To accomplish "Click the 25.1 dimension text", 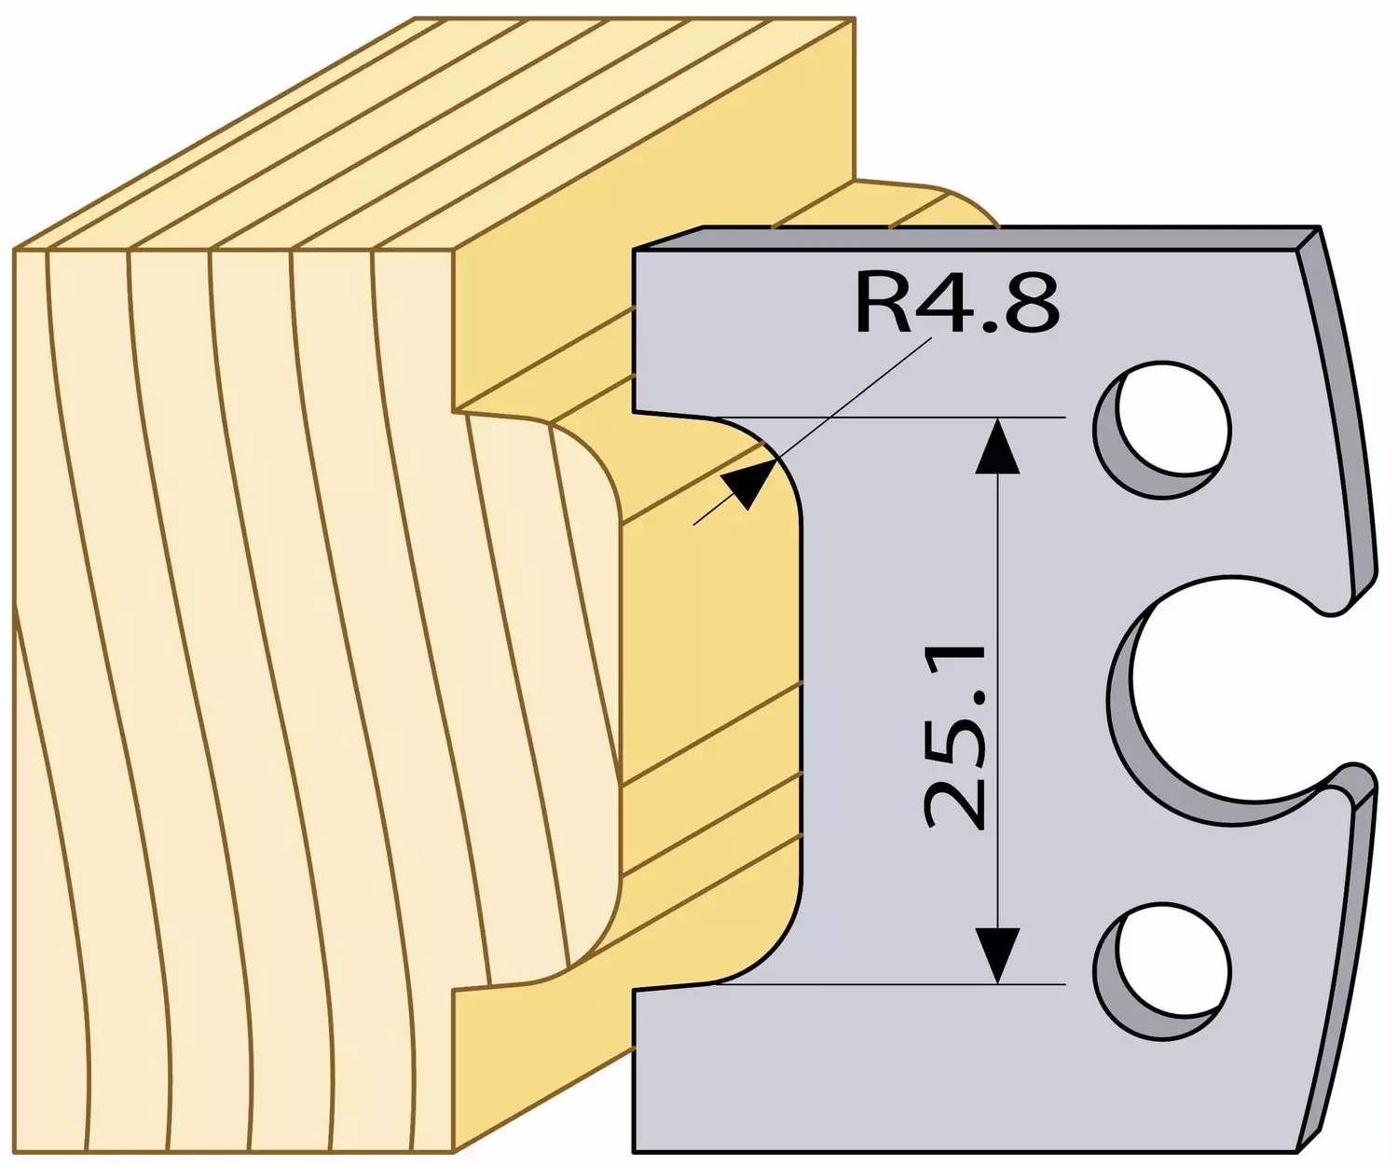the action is coord(956,738).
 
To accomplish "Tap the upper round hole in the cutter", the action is coord(1163,430).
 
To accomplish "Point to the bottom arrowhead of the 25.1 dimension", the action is coord(997,956).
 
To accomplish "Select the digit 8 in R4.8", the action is coord(1036,303).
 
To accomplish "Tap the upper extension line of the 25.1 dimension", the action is coord(890,418).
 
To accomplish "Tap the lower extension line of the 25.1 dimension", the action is coord(890,985).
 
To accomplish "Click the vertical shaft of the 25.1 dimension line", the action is coord(997,701).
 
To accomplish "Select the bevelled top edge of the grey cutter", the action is coord(977,238).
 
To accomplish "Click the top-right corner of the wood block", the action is coord(855,19).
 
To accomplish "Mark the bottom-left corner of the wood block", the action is coord(14,1153).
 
